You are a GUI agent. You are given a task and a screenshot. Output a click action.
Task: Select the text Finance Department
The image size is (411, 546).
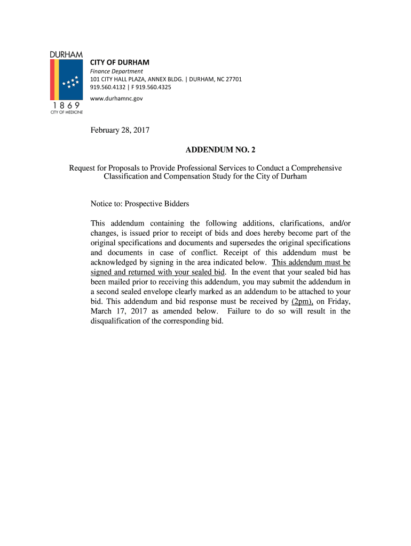point(116,71)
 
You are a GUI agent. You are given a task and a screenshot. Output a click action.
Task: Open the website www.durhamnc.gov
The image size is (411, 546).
point(116,99)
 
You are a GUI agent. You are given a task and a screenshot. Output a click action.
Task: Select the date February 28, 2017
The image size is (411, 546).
point(120,130)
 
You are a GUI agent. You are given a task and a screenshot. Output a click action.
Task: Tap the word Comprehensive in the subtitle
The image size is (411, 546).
point(311,168)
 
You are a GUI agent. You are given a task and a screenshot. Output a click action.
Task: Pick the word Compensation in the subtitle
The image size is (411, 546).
point(187,176)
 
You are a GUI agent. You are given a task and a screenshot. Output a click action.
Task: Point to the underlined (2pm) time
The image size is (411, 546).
point(302,301)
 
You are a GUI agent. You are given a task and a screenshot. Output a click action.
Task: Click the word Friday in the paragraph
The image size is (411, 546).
point(338,301)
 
